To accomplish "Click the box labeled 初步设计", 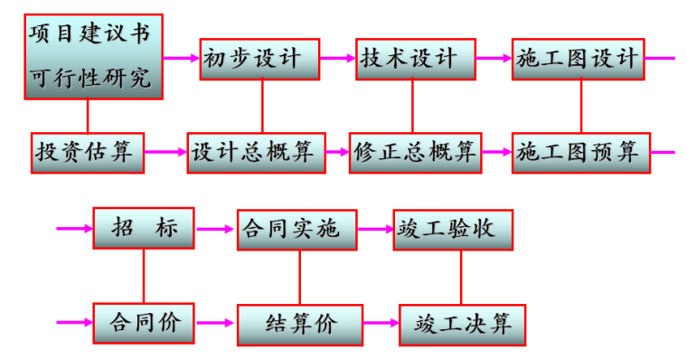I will [x=259, y=59].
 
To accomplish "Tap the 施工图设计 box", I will [x=578, y=59].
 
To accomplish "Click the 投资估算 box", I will [x=88, y=152].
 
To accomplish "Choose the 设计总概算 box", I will [x=256, y=152].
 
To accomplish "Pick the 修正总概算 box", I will [x=415, y=152].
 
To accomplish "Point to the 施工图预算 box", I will [x=578, y=152].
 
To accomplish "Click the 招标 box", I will [x=144, y=229].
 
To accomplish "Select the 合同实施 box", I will [x=297, y=229].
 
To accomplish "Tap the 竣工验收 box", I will [x=455, y=229].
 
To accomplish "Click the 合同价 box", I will [x=144, y=322].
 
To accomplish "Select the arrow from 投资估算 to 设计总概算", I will [x=165, y=152].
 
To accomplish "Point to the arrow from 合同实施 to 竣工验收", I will [x=375, y=229].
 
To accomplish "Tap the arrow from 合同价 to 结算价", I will [x=216, y=322].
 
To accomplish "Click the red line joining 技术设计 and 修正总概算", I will [x=412, y=106].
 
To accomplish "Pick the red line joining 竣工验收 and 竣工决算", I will [x=461, y=277].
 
